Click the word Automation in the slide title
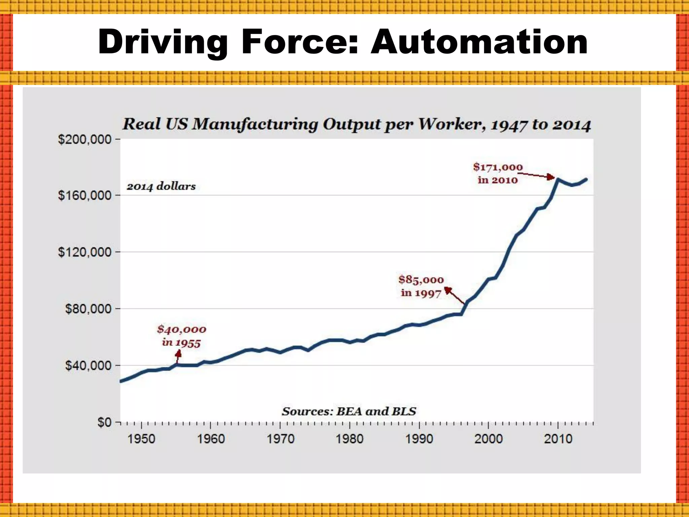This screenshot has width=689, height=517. pyautogui.click(x=479, y=42)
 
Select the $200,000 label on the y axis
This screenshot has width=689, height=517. pyautogui.click(x=84, y=139)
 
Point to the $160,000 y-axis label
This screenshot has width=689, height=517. pyautogui.click(x=84, y=195)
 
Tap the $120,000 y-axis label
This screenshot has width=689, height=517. pyautogui.click(x=84, y=252)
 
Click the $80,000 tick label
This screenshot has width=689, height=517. pyautogui.click(x=88, y=309)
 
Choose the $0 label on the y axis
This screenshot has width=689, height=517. pyautogui.click(x=104, y=422)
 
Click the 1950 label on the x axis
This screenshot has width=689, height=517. pyautogui.click(x=141, y=439)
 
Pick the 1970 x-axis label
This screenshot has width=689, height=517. pyautogui.click(x=280, y=439)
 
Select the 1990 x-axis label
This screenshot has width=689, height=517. pyautogui.click(x=419, y=439)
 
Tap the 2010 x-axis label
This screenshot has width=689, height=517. pyautogui.click(x=558, y=439)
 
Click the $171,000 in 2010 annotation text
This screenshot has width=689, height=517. pyautogui.click(x=498, y=173)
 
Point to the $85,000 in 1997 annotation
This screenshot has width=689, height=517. pyautogui.click(x=421, y=286)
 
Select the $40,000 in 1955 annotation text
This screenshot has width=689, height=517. pyautogui.click(x=181, y=336)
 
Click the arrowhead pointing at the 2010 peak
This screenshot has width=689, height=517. pyautogui.click(x=551, y=177)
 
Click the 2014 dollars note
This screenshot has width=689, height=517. pyautogui.click(x=161, y=186)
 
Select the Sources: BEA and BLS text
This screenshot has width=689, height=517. pyautogui.click(x=349, y=411)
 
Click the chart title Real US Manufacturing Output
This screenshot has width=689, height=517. pyautogui.click(x=356, y=124)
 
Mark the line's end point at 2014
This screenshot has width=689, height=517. pyautogui.click(x=586, y=179)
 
